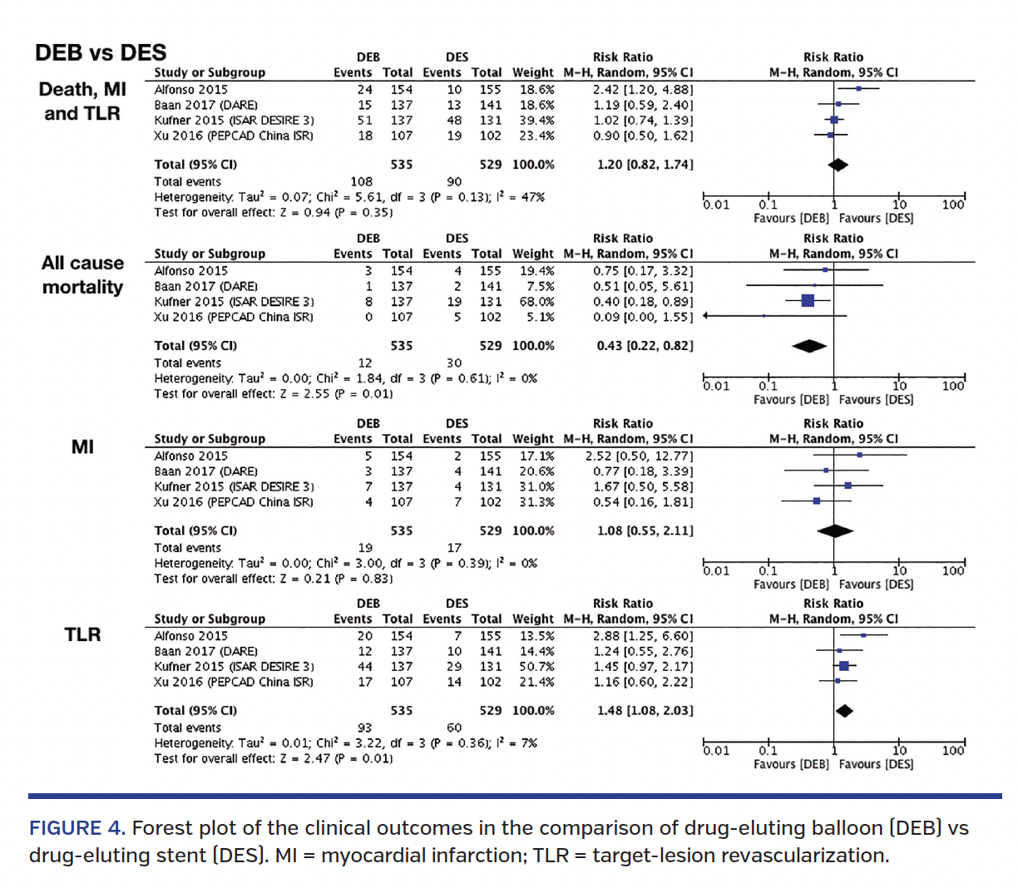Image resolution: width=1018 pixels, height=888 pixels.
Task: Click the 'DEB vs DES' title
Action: [100, 52]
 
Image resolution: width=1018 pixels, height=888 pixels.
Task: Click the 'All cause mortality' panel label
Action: [82, 274]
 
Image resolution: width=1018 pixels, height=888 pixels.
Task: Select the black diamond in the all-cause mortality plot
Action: [809, 346]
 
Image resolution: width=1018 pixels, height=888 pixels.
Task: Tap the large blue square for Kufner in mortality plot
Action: [808, 301]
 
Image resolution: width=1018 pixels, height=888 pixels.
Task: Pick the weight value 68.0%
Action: [536, 302]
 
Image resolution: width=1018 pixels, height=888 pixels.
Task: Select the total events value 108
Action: [361, 181]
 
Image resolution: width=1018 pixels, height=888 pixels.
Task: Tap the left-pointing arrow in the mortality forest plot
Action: [707, 316]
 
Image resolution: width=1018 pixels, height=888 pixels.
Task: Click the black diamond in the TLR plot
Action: [844, 711]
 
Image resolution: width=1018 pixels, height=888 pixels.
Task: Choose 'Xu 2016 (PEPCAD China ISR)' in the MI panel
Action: [234, 502]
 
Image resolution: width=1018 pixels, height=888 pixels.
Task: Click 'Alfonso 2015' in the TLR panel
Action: [190, 636]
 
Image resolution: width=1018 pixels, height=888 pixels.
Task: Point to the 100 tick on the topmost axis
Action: [953, 205]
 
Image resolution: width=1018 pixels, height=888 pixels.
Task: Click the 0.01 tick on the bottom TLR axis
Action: [715, 750]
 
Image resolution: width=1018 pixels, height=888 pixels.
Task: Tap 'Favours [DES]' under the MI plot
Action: [876, 585]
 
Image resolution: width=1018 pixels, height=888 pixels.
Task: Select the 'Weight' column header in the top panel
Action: [532, 72]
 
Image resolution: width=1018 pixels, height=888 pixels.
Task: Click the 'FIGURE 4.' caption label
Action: [77, 828]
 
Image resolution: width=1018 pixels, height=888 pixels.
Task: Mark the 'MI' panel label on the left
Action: [82, 446]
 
